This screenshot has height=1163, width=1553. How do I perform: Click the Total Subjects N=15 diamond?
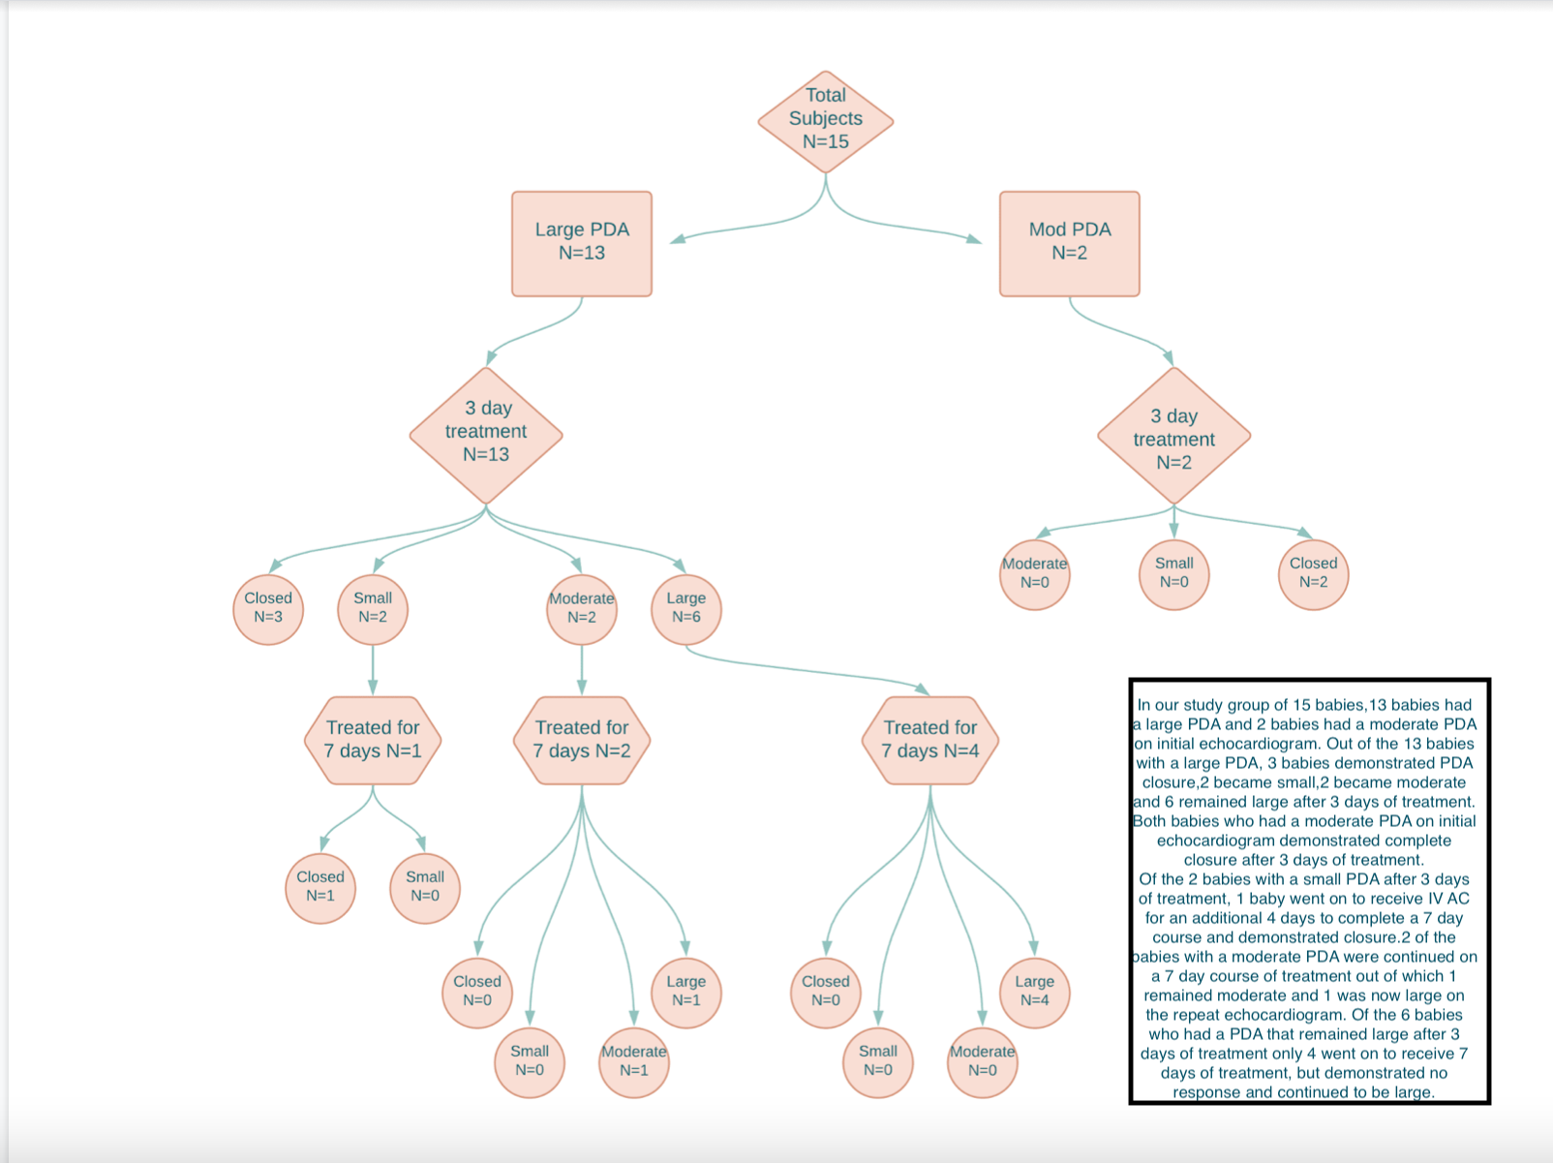[825, 122]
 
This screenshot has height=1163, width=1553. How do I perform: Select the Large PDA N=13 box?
[582, 243]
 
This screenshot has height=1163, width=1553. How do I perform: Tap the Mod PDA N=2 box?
[1069, 243]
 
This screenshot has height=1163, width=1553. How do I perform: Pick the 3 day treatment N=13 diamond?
[486, 435]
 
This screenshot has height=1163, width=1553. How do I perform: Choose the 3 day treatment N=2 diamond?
[1173, 436]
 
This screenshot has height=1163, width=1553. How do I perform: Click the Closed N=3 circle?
[268, 609]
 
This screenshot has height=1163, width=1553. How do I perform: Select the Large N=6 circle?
[686, 609]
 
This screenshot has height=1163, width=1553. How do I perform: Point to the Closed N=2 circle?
[1313, 574]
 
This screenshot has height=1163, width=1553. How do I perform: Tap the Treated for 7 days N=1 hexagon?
[373, 741]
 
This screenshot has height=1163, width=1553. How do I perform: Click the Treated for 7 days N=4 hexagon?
[930, 741]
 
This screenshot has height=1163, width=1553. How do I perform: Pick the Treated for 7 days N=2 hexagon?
[582, 741]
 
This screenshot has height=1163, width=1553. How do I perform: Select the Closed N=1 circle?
[320, 888]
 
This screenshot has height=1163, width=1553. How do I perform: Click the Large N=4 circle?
[1034, 993]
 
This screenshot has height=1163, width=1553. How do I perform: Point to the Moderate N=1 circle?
[634, 1062]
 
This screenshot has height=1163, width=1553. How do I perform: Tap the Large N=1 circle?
[686, 993]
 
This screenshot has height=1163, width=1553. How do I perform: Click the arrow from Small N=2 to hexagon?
[373, 670]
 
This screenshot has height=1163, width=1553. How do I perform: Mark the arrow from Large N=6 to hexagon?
[807, 670]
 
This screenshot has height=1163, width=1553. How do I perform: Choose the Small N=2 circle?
[373, 609]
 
